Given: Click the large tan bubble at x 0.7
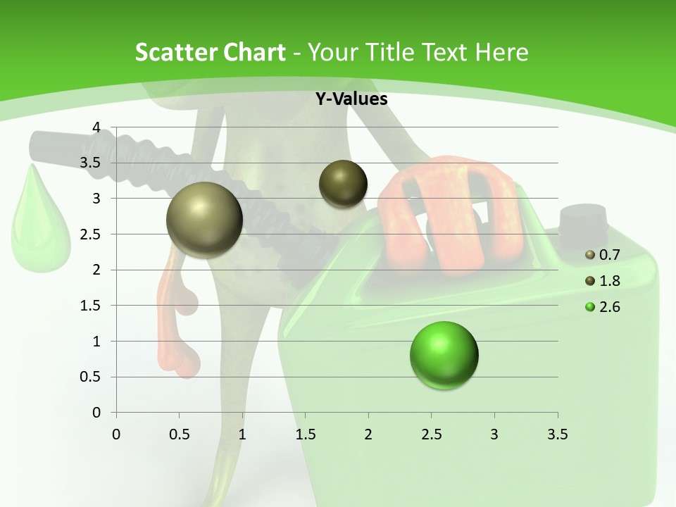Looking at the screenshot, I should tap(205, 220).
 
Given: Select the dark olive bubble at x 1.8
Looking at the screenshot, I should tap(343, 184).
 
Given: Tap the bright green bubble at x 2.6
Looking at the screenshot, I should tap(444, 355).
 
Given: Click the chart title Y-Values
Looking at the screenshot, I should tap(351, 99).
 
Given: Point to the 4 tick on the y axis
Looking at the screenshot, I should tap(96, 127).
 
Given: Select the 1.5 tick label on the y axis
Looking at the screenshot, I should tap(90, 306).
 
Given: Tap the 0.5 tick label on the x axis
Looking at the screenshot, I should tap(180, 434).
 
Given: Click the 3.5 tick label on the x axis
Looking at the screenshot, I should tap(557, 434).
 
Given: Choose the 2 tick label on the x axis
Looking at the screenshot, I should tap(368, 434).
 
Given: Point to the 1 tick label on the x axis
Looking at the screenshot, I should tap(242, 434).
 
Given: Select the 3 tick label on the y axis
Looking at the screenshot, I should tap(96, 199).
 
